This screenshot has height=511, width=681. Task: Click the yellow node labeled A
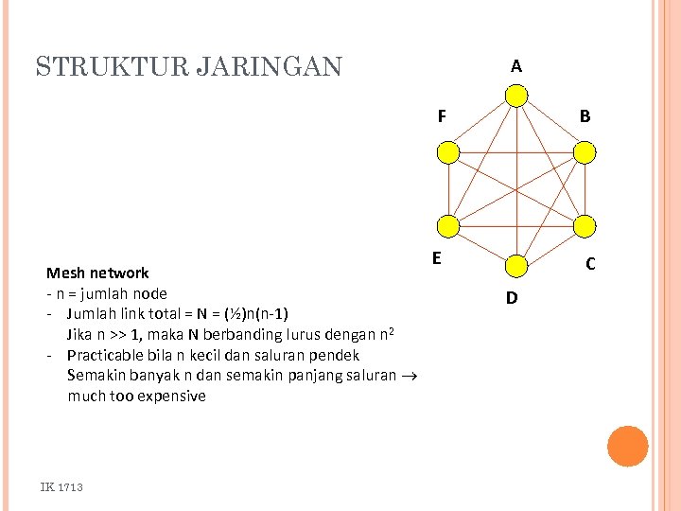click(x=516, y=97)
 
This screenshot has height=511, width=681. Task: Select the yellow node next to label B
click(x=585, y=152)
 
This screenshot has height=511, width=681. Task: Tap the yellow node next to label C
click(x=585, y=225)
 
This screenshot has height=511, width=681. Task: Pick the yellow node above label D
click(x=516, y=266)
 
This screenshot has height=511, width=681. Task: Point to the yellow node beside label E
click(x=448, y=225)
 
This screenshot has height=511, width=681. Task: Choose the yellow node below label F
click(x=448, y=152)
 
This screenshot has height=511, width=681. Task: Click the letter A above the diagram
click(x=515, y=66)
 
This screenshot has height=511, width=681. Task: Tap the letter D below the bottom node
click(x=511, y=298)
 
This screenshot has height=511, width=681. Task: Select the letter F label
click(x=442, y=117)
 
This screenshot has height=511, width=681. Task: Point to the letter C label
click(x=589, y=264)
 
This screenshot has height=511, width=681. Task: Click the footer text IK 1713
click(x=61, y=486)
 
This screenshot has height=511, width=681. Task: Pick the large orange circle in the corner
click(x=627, y=447)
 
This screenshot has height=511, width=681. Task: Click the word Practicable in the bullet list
click(x=110, y=355)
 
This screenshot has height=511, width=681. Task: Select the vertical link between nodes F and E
click(x=448, y=189)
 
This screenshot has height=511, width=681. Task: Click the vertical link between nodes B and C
click(x=585, y=189)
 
